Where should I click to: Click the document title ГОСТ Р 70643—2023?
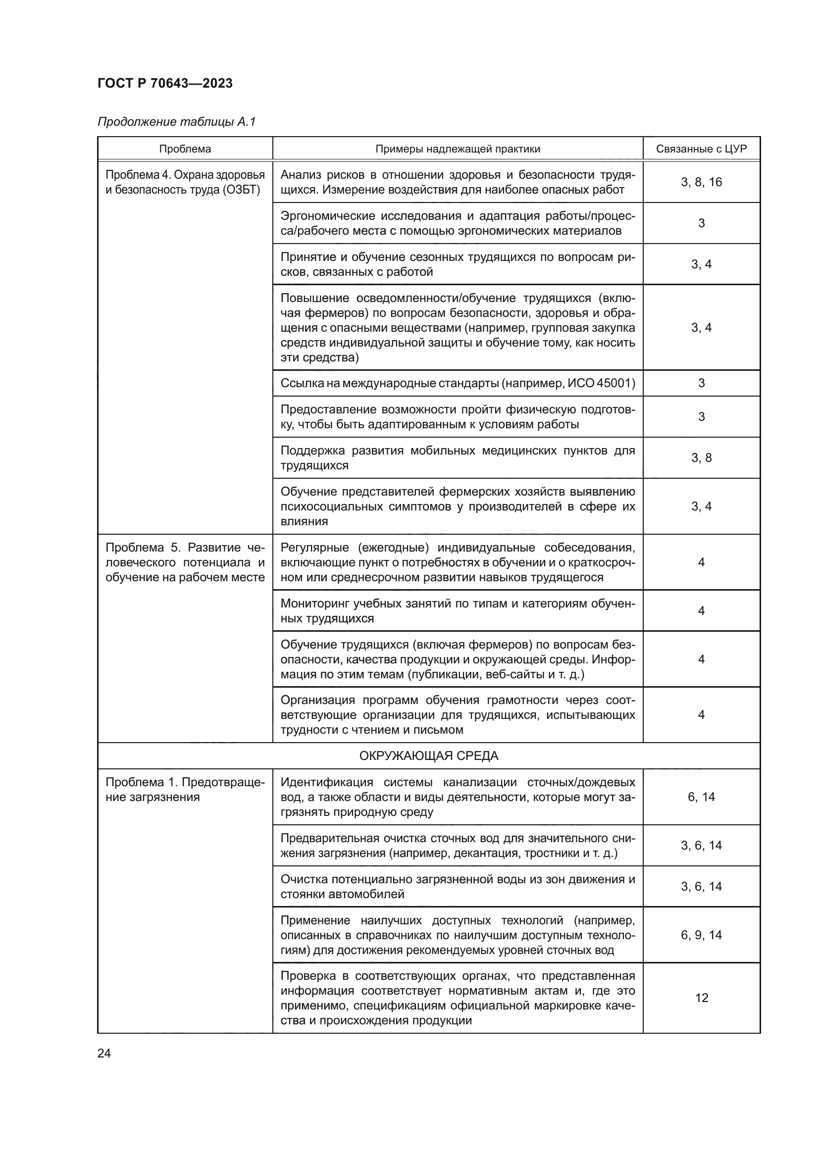165,84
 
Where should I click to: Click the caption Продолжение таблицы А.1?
176,122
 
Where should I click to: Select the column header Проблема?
185,150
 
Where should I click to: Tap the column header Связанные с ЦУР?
701,150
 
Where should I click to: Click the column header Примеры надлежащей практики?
458,150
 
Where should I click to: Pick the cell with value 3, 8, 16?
701,183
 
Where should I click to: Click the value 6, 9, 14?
701,935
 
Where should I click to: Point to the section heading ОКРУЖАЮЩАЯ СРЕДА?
429,756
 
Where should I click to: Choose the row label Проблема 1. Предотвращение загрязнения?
185,790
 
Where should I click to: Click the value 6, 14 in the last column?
701,797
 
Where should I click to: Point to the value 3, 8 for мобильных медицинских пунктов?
701,458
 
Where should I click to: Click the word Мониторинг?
313,604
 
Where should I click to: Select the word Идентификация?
326,783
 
